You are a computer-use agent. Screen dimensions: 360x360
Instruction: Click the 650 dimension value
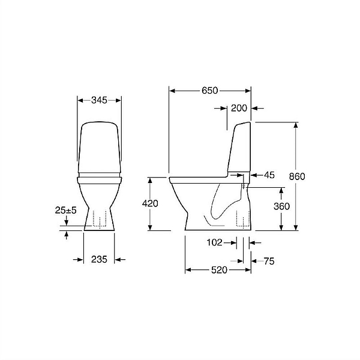[x=209, y=91]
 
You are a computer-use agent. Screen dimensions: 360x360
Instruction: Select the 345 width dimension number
[x=99, y=100]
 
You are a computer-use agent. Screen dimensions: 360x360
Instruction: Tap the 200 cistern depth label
[x=239, y=108]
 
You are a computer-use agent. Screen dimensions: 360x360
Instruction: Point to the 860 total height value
[x=297, y=176]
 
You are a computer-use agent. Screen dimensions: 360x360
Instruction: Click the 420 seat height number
[x=150, y=203]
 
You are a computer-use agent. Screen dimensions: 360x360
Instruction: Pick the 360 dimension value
[x=282, y=206]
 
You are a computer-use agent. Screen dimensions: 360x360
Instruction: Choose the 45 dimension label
[x=269, y=175]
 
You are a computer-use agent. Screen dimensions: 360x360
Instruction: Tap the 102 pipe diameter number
[x=215, y=242]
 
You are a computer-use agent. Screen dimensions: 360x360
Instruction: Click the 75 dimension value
[x=269, y=261]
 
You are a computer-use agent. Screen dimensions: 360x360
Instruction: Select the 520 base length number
[x=219, y=270]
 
